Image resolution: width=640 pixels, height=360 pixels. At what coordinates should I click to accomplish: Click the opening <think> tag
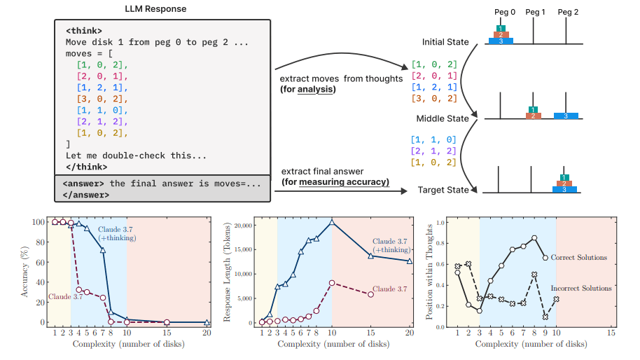pyautogui.click(x=81, y=31)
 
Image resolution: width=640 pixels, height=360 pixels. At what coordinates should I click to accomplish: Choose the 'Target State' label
pyautogui.click(x=444, y=190)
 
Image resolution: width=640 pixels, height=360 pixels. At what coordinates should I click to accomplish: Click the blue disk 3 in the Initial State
pyautogui.click(x=501, y=41)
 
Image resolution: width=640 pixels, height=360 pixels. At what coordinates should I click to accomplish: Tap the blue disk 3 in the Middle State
pyautogui.click(x=566, y=115)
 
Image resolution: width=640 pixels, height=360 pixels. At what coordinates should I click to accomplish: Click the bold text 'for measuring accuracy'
pyautogui.click(x=335, y=183)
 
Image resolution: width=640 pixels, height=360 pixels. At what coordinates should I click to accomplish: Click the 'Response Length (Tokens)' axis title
pyautogui.click(x=227, y=271)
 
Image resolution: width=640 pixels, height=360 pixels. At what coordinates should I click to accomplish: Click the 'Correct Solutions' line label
pyautogui.click(x=578, y=258)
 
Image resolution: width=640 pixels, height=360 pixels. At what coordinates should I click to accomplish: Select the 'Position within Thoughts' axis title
pyautogui.click(x=430, y=271)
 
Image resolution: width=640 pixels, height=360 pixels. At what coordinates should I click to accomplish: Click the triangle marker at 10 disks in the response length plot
pyautogui.click(x=331, y=222)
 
